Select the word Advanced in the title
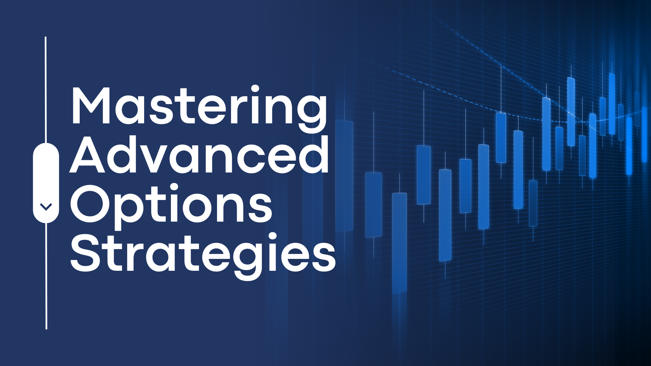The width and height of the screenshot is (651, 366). coord(199,154)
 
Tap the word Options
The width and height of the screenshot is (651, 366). coord(171,205)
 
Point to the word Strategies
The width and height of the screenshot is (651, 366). coord(203,256)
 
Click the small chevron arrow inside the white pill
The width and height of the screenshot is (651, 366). coord(46,206)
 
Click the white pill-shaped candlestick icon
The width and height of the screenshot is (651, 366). coord(46,183)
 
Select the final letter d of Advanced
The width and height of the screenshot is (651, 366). coord(313,155)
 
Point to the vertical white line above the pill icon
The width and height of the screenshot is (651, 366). coord(46,90)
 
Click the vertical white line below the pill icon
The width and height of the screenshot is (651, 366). coord(46,276)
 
